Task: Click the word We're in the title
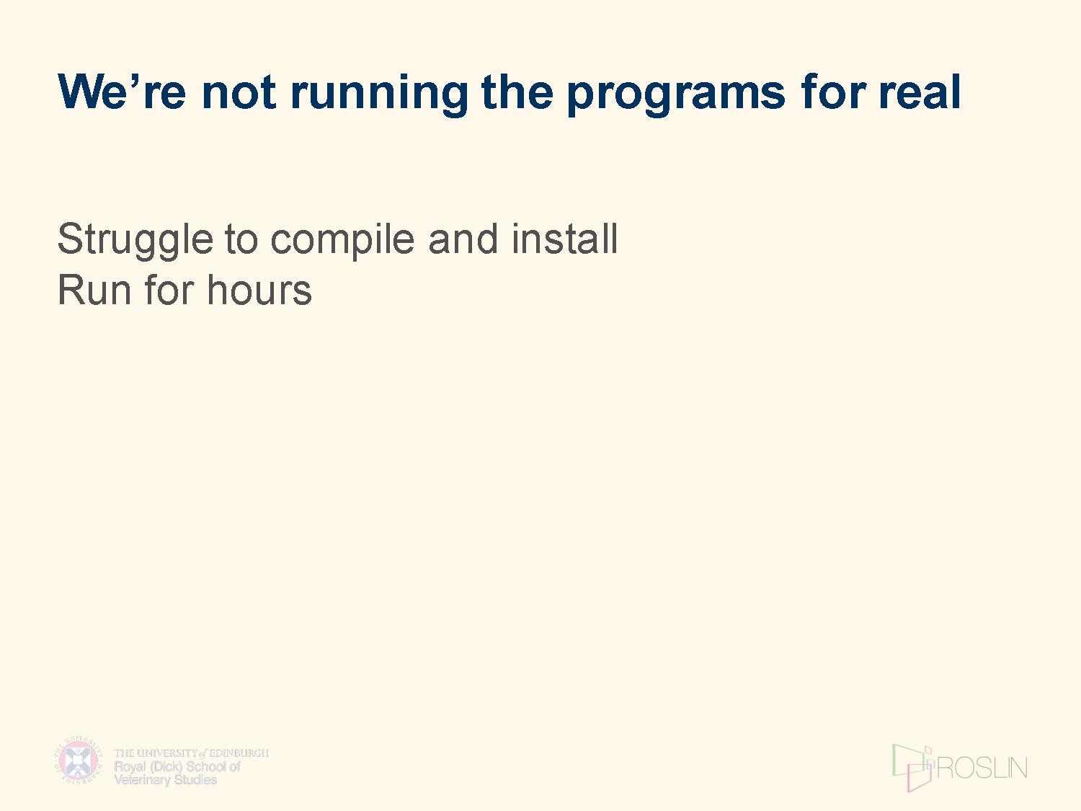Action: click(122, 92)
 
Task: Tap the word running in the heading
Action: click(379, 95)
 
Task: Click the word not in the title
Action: click(239, 92)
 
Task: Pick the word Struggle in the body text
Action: click(135, 240)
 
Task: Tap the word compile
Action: click(342, 240)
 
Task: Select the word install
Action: click(564, 239)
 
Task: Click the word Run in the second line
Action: click(94, 291)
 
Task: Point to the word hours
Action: click(259, 290)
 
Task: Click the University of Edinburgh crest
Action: click(78, 759)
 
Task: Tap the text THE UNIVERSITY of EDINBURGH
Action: click(192, 753)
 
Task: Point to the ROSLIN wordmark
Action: click(982, 768)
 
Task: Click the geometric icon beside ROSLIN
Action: click(912, 768)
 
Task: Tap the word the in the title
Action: click(517, 92)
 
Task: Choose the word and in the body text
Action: click(463, 239)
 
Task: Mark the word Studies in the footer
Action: click(195, 779)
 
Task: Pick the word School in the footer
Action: click(206, 766)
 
